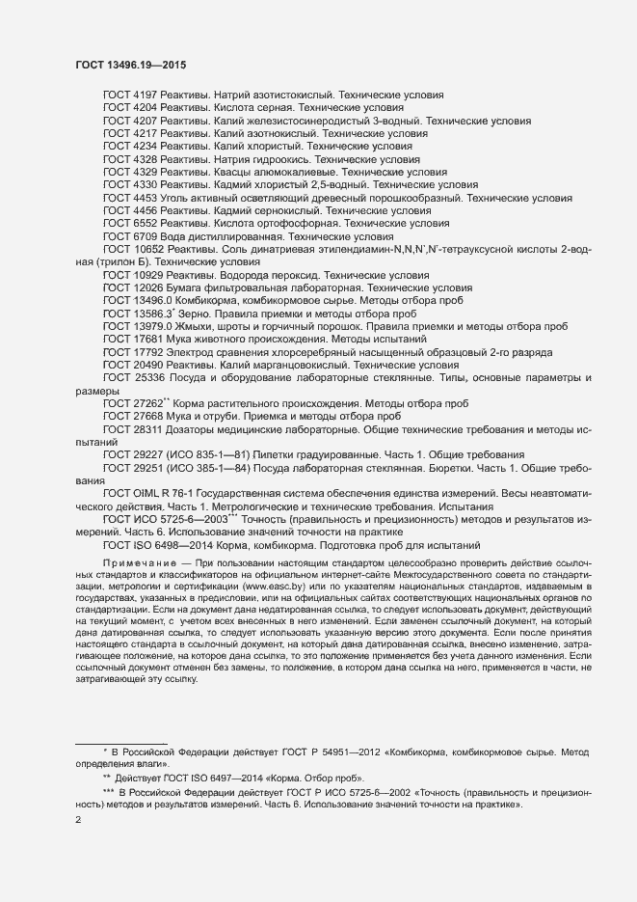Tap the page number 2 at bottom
click(x=78, y=822)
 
